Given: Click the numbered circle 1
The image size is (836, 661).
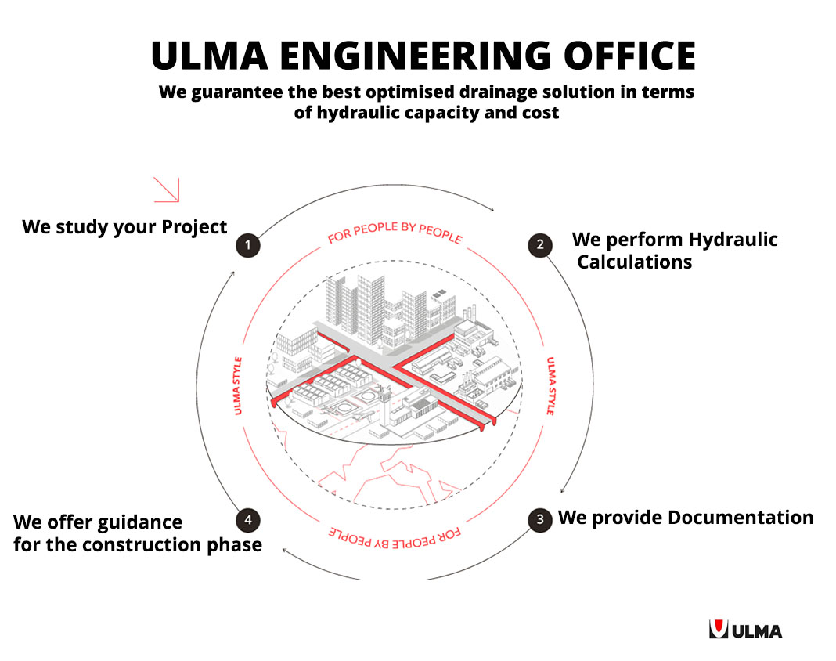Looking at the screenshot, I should click(248, 246).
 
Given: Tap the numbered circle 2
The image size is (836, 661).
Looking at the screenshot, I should click(539, 245).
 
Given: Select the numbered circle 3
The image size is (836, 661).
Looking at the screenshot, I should click(539, 519).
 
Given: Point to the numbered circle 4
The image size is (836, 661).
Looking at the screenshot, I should click(248, 519).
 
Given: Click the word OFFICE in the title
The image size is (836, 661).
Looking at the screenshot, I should click(633, 56).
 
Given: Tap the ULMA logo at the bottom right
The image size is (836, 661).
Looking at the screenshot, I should click(745, 629).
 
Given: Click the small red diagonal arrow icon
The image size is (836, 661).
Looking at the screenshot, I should click(167, 190).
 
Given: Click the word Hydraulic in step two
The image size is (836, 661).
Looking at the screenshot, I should click(732, 239).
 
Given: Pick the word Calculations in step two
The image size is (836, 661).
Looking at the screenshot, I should click(635, 262).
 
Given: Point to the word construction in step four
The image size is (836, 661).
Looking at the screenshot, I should click(137, 544).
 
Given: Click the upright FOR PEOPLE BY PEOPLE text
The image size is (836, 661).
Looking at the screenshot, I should click(395, 233).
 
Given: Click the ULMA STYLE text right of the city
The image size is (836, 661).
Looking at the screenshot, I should click(551, 385).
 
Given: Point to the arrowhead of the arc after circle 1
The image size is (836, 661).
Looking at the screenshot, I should click(492, 209).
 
